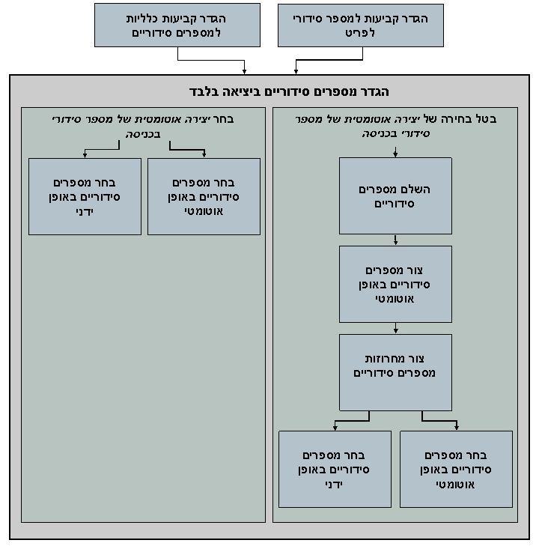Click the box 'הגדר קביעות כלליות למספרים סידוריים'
(x=177, y=25)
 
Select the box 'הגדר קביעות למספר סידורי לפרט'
(x=361, y=25)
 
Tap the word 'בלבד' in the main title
(x=207, y=91)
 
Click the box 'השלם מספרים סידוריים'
(x=395, y=195)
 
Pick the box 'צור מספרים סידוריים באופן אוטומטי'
(x=395, y=284)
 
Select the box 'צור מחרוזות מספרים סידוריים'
(x=395, y=371)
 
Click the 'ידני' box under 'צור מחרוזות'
(x=335, y=469)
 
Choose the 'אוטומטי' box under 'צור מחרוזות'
(x=456, y=469)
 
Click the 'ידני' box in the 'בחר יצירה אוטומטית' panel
(x=85, y=196)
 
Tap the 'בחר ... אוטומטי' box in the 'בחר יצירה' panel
(x=204, y=196)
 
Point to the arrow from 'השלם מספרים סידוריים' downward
(x=395, y=240)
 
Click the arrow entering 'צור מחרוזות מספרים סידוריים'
(x=395, y=328)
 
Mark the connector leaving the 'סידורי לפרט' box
(x=329, y=60)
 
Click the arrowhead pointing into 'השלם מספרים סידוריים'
(x=395, y=154)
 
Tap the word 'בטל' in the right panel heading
(x=487, y=119)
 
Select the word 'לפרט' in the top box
(x=361, y=32)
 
